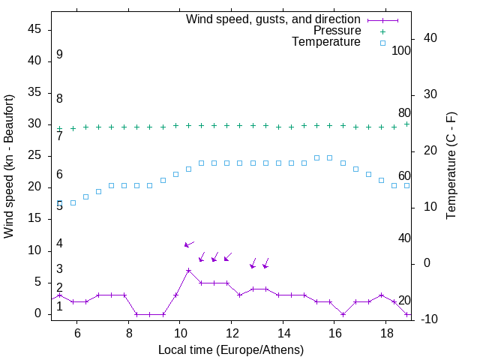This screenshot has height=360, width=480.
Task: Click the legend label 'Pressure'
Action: point(337,31)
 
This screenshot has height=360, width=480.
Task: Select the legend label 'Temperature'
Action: point(326,42)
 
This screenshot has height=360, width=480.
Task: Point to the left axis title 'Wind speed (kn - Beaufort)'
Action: point(9,166)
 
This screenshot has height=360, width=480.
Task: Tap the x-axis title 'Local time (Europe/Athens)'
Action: point(231,349)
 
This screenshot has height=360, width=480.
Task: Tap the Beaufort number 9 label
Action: point(59,55)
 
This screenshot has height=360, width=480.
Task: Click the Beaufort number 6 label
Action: point(59,175)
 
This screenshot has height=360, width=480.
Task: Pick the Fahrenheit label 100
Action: point(401,50)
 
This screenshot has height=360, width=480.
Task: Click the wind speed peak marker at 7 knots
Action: point(188,270)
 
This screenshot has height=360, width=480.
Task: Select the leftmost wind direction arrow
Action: point(189,244)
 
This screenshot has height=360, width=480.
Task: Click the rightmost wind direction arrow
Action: point(265,263)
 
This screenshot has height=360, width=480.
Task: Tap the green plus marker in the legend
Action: point(382,31)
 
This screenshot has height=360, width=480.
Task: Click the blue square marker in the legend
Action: point(382,42)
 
